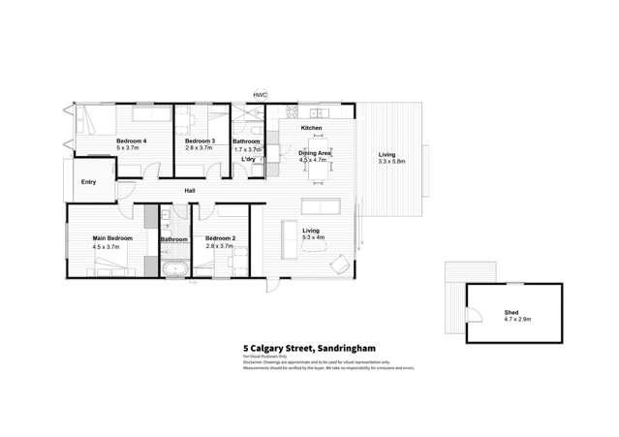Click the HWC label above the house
pyautogui.click(x=260, y=94)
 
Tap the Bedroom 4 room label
pyautogui.click(x=131, y=141)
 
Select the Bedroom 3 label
pyautogui.click(x=200, y=141)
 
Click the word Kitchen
pyautogui.click(x=311, y=128)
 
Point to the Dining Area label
pyautogui.click(x=316, y=153)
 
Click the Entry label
pyautogui.click(x=88, y=182)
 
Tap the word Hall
pyautogui.click(x=191, y=191)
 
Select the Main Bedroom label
pyautogui.click(x=111, y=238)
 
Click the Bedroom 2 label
pyautogui.click(x=220, y=238)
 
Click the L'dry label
pyautogui.click(x=248, y=159)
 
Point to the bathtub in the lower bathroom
pyautogui.click(x=174, y=266)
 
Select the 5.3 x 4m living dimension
pyautogui.click(x=314, y=237)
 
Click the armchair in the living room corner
pyautogui.click(x=340, y=265)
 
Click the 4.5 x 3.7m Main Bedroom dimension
pyautogui.click(x=111, y=247)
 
